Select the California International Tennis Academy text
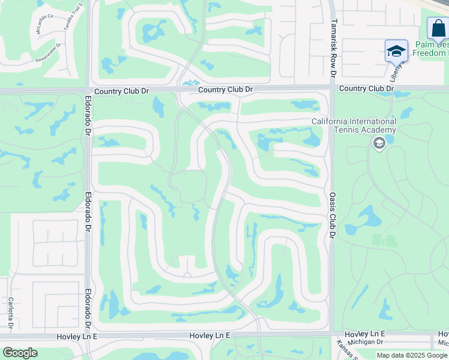click(354, 126)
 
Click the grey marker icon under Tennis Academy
click(379, 143)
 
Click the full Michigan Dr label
click(365, 341)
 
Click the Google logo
click(20, 353)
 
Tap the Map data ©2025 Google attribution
click(412, 355)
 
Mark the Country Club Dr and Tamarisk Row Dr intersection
click(331, 89)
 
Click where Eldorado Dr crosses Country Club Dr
click(88, 90)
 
